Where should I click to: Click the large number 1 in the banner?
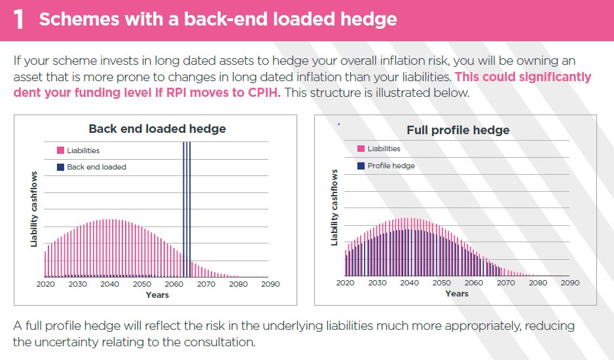tap(19, 20)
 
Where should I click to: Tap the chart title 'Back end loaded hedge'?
tap(157, 128)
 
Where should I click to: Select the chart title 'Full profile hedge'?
tap(458, 130)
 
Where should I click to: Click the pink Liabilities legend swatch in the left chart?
tap(60, 150)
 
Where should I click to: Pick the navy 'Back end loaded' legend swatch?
tap(60, 167)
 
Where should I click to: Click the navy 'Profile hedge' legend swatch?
tap(361, 166)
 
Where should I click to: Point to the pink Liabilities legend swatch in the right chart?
tap(361, 149)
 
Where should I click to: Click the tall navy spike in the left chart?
tap(187, 209)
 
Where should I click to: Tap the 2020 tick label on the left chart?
tap(45, 284)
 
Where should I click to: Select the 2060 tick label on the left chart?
tap(174, 284)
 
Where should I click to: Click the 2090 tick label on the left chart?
tap(270, 284)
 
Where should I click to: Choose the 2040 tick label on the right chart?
tap(409, 283)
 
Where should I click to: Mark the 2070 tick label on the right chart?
tap(505, 283)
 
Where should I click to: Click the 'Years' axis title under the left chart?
tap(157, 295)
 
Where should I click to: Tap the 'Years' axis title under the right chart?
tap(457, 293)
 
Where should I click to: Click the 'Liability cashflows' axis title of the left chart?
tap(34, 209)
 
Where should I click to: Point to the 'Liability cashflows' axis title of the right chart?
tap(334, 207)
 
